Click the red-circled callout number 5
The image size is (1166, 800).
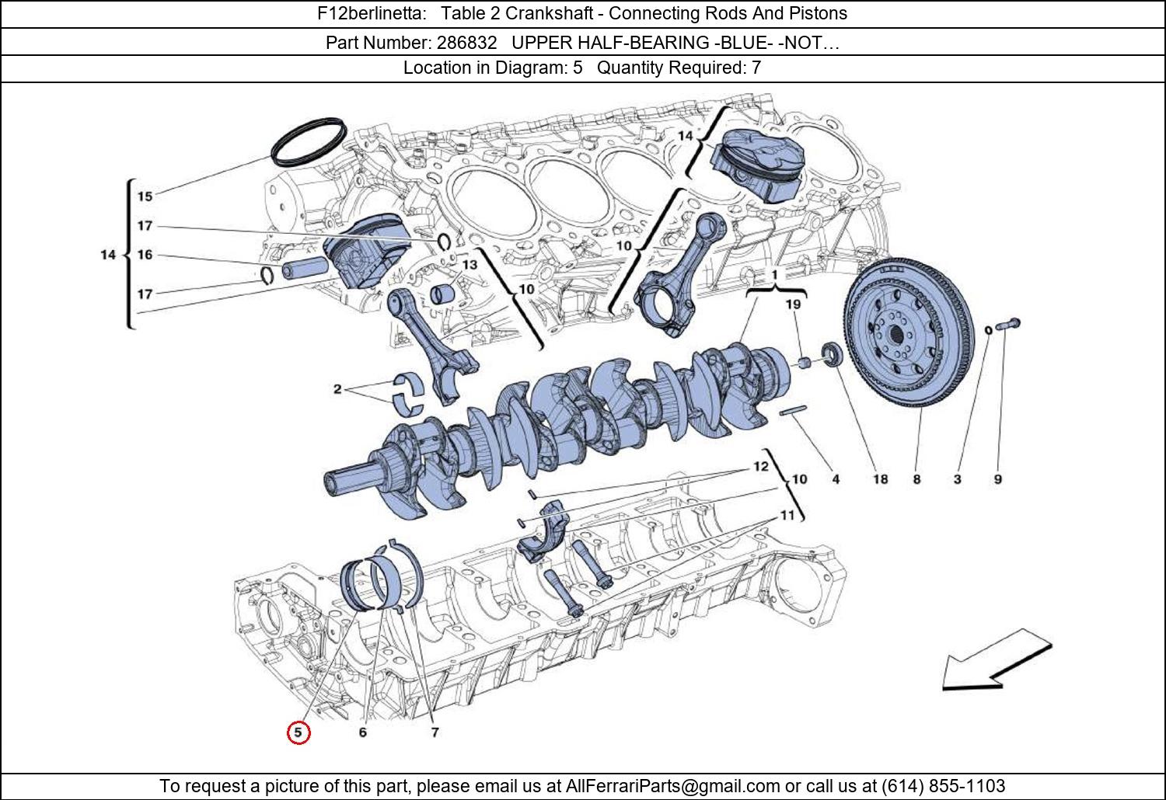click(x=298, y=732)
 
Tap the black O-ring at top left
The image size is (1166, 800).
click(x=309, y=141)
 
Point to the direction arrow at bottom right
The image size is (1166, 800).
click(x=995, y=661)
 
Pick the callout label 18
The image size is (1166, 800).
click(x=880, y=479)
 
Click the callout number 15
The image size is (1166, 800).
click(x=145, y=197)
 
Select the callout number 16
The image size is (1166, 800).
click(x=145, y=255)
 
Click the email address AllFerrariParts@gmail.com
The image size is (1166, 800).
click(x=672, y=786)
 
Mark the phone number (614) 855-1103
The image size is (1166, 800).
click(x=943, y=786)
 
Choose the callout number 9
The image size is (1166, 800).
click(x=998, y=479)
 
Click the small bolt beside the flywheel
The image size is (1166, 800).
click(x=1008, y=325)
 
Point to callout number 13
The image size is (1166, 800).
click(x=470, y=265)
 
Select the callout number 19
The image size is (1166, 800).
click(x=793, y=304)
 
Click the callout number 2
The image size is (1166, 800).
click(x=337, y=389)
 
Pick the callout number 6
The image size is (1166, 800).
click(x=363, y=732)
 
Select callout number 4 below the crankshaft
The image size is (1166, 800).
click(x=836, y=479)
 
